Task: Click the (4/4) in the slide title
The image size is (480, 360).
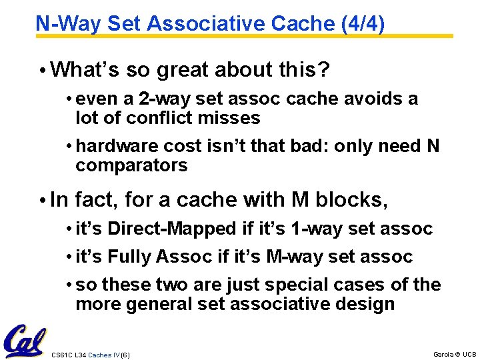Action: (363, 24)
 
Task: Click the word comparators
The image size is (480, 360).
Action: (131, 165)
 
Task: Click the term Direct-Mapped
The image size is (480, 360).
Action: (172, 229)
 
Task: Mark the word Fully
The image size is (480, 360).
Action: (132, 257)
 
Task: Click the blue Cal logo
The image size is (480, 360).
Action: (24, 341)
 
